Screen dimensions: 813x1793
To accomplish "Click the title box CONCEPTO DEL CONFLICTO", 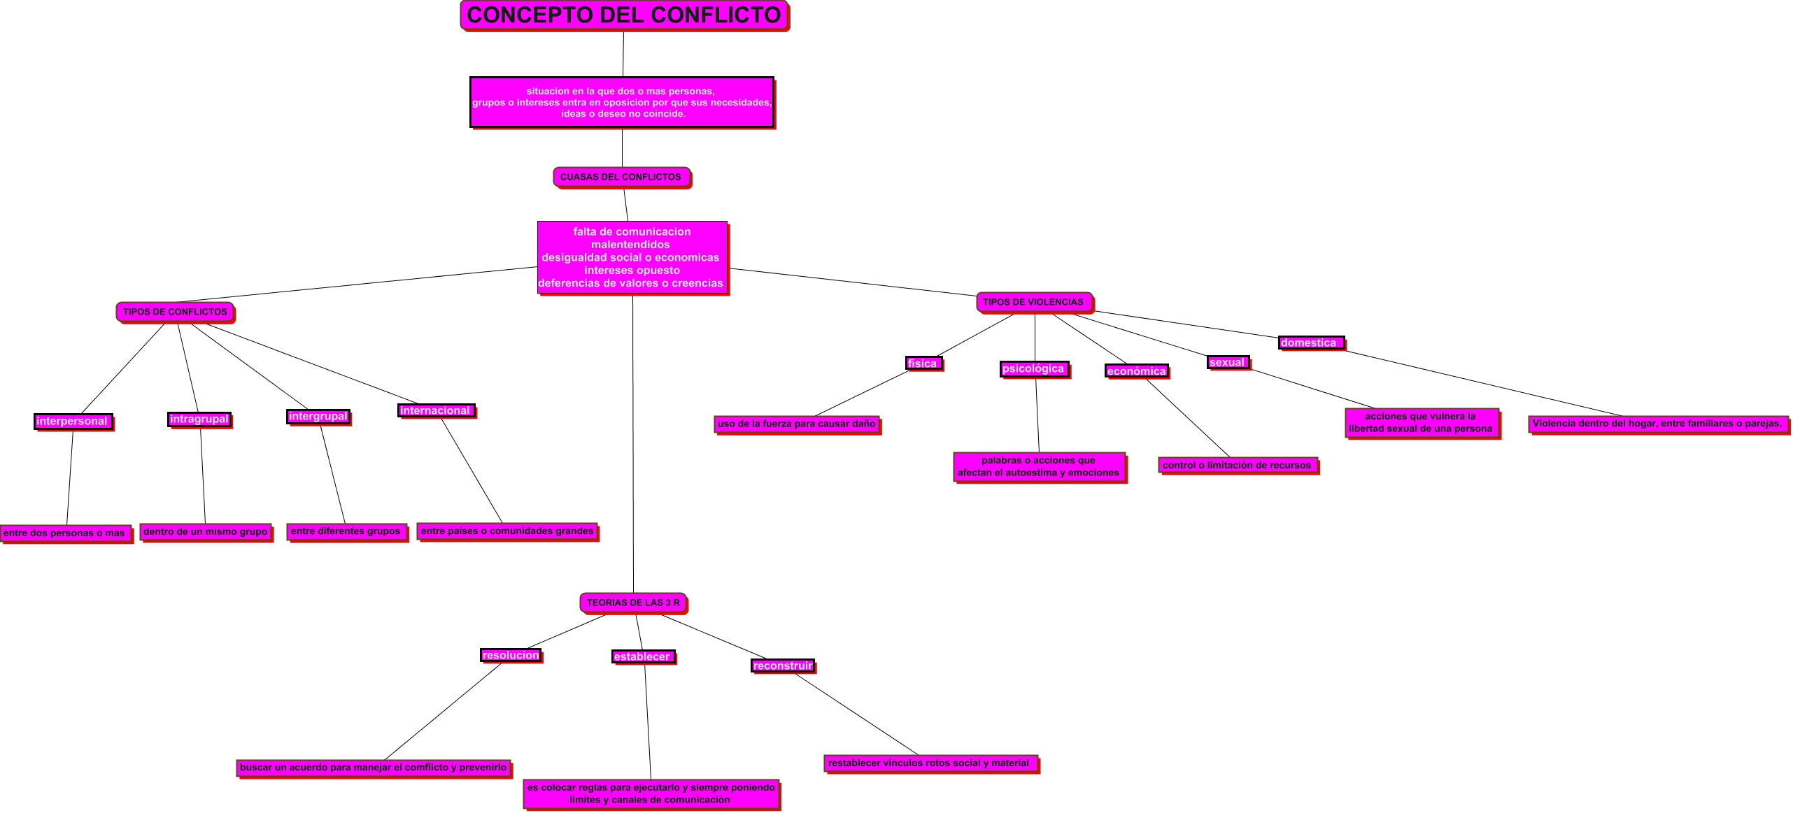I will point(624,15).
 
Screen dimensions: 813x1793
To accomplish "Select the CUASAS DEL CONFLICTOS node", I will point(621,177).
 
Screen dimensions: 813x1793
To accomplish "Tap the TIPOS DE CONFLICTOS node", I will point(175,312).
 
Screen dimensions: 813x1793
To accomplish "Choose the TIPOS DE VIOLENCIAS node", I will point(1033,302).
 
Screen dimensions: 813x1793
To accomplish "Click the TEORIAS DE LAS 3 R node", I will point(633,603).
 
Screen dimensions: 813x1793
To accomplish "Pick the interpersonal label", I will point(73,422).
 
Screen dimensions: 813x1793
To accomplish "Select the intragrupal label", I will point(199,419).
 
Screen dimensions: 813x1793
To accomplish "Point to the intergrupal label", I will point(318,417).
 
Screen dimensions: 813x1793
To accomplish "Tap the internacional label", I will point(436,411).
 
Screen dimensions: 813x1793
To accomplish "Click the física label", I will point(923,364).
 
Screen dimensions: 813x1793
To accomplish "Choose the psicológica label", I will point(1034,369).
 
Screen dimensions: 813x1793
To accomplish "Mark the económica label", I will point(1137,371).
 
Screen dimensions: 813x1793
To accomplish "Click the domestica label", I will point(1310,343).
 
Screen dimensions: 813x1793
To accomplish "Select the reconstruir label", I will point(783,665).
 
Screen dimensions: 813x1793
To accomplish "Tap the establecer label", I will point(643,656).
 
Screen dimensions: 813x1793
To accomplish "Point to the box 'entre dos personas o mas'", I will point(65,533).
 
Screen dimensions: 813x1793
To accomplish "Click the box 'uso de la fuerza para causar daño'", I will point(797,424).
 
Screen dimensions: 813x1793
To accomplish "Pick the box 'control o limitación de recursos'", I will point(1238,466).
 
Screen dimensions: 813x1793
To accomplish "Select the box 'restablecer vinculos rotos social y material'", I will point(930,763).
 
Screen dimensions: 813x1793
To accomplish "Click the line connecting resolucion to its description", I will point(443,711).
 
